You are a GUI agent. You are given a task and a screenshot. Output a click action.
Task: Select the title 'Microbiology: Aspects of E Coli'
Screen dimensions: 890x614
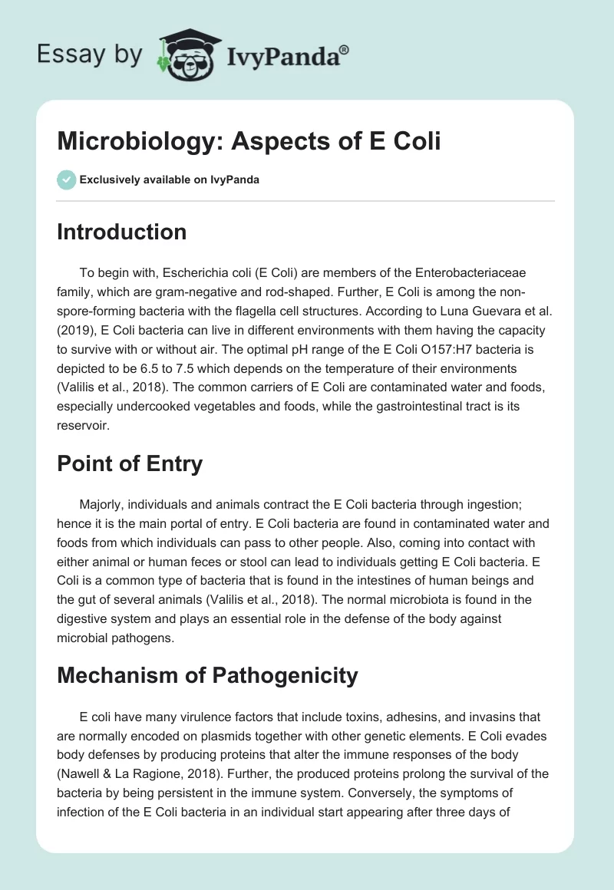[249, 142]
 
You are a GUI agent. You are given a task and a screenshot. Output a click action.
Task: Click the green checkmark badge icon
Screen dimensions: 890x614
[66, 180]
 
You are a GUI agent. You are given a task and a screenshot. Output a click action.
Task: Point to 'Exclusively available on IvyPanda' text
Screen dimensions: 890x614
[170, 180]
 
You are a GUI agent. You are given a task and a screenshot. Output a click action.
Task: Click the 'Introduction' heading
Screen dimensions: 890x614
[121, 232]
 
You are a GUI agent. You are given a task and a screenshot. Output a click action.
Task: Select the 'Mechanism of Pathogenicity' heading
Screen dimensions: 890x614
[207, 675]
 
